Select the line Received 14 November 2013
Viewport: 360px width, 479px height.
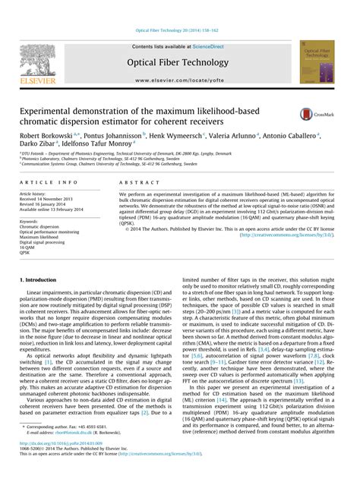[47, 199]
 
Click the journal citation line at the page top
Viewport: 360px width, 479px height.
[179, 30]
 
